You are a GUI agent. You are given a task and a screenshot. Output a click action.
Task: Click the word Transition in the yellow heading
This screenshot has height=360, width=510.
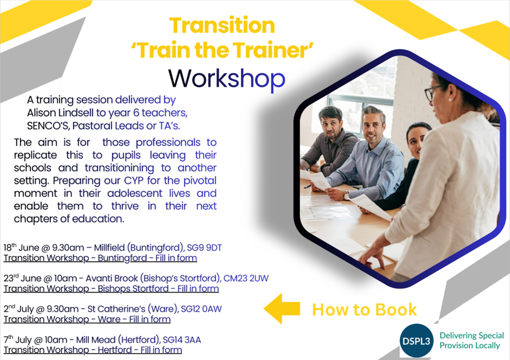click(x=222, y=26)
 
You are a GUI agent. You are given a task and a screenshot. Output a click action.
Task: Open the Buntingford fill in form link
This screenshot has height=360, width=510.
click(x=100, y=258)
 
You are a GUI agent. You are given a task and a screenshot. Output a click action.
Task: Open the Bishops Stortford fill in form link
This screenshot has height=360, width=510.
click(x=111, y=289)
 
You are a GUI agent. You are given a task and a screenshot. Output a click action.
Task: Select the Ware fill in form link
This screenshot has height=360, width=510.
click(x=87, y=319)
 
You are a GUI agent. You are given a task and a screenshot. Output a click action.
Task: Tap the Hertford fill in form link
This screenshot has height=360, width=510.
click(x=93, y=350)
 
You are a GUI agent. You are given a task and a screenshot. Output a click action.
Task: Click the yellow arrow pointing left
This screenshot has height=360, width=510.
click(x=282, y=308)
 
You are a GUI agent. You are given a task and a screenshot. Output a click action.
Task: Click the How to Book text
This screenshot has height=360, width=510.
click(x=364, y=310)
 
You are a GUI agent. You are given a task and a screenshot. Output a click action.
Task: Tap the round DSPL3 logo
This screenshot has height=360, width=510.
click(x=416, y=340)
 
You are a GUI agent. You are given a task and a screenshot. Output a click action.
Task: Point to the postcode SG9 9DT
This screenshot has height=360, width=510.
click(x=204, y=248)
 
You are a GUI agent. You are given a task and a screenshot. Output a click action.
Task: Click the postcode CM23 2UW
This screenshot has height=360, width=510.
click(x=246, y=279)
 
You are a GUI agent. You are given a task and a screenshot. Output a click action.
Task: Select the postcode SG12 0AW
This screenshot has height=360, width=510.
click(x=201, y=309)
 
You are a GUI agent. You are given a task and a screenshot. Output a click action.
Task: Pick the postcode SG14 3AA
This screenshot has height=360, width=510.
click(x=182, y=340)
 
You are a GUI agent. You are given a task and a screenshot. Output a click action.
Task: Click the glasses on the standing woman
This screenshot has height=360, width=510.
click(x=433, y=92)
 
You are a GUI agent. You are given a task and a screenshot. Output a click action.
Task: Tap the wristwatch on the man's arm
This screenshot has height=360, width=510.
click(x=346, y=195)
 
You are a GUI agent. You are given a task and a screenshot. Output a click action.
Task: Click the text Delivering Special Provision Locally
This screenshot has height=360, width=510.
click(x=471, y=340)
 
